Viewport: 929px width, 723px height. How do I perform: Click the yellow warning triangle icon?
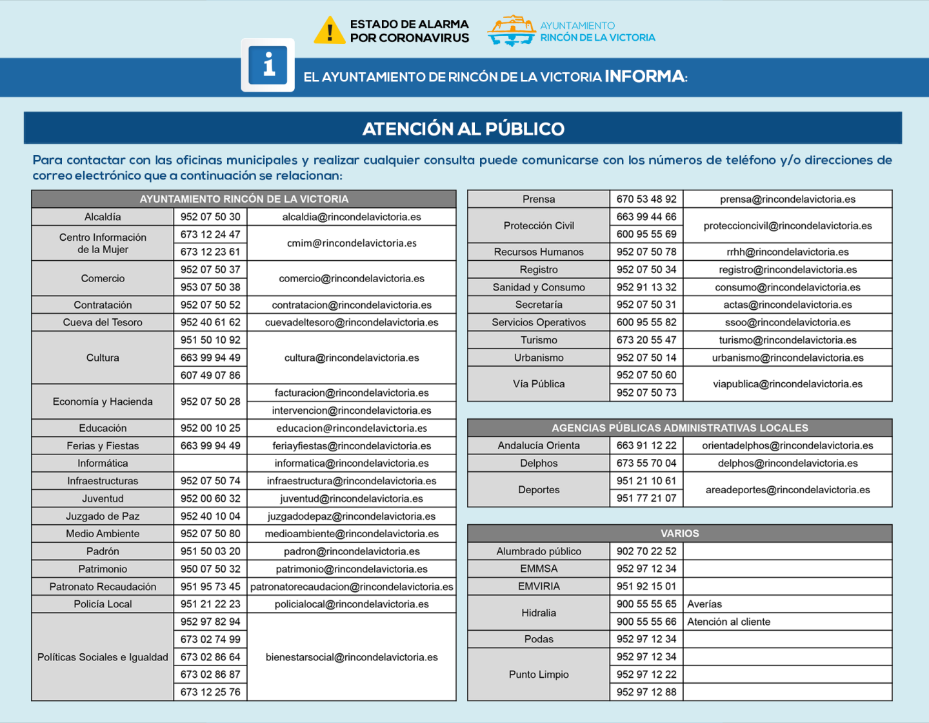pos(330,30)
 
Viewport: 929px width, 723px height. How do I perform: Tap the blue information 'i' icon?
pos(268,65)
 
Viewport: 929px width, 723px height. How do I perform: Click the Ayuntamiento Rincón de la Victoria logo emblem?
pos(512,30)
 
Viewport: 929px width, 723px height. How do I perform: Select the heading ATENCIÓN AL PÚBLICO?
pos(463,128)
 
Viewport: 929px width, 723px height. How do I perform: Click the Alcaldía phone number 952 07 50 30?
pos(210,217)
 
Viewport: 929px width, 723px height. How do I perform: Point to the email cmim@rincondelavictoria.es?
pos(352,243)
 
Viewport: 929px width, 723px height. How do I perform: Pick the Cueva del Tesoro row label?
pos(103,322)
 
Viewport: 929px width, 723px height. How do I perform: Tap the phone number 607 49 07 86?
pos(210,375)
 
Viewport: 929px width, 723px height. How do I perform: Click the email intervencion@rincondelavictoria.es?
pos(352,411)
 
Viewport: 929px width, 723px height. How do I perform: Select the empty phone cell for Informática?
pos(210,463)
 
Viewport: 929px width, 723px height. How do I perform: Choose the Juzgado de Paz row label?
pos(103,516)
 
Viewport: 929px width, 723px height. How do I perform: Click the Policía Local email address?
pos(352,604)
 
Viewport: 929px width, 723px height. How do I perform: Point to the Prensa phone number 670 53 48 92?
pos(646,199)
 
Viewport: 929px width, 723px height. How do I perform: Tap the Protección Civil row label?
pos(539,226)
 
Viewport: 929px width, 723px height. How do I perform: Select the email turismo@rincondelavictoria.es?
pos(788,340)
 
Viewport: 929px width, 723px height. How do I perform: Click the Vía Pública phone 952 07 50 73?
pos(646,392)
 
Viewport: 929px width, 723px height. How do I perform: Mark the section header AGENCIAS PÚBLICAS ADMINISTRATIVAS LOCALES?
pos(680,428)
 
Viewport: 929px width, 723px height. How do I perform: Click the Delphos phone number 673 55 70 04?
pos(646,463)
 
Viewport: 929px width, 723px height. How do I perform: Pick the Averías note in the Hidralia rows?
pos(705,604)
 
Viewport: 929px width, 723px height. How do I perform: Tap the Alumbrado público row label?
pos(539,551)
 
